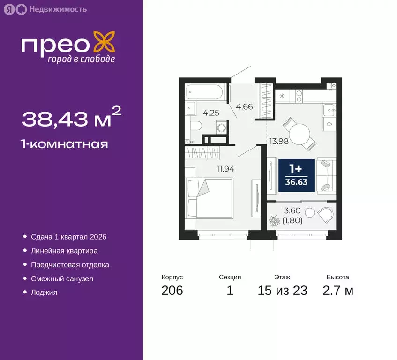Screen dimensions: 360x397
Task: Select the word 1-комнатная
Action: (x=65, y=144)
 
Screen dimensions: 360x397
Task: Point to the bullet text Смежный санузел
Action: (x=62, y=278)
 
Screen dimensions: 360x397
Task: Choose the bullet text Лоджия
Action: (x=44, y=292)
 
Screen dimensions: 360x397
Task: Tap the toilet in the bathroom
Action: (x=195, y=126)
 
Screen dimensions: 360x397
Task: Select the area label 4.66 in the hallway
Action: (x=244, y=106)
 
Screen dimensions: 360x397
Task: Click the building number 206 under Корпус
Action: (x=172, y=291)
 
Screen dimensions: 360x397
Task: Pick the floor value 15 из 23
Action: (x=282, y=291)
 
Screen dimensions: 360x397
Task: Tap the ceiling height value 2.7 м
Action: (x=337, y=291)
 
